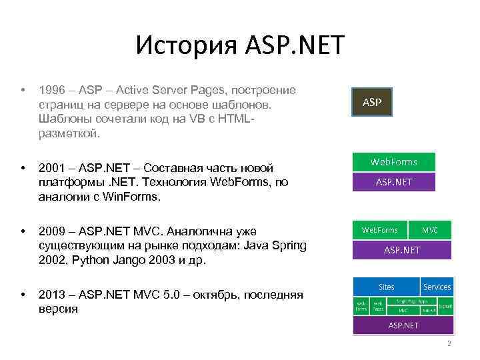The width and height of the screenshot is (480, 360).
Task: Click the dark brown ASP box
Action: pos(372,103)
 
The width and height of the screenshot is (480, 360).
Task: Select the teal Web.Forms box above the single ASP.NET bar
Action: pos(394,162)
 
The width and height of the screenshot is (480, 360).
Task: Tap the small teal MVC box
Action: pos(429,230)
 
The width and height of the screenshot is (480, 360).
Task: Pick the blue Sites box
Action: pos(386,287)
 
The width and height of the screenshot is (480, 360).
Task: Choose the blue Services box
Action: pos(437,287)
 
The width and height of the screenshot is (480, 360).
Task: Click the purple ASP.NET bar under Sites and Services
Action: pos(403,325)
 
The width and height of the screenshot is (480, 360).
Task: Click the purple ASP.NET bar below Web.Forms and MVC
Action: pos(402,250)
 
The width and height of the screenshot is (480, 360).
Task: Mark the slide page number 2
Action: pos(449,344)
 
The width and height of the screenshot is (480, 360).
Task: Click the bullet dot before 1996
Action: pos(23,90)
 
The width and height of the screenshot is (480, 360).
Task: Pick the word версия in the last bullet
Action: pos(59,309)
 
